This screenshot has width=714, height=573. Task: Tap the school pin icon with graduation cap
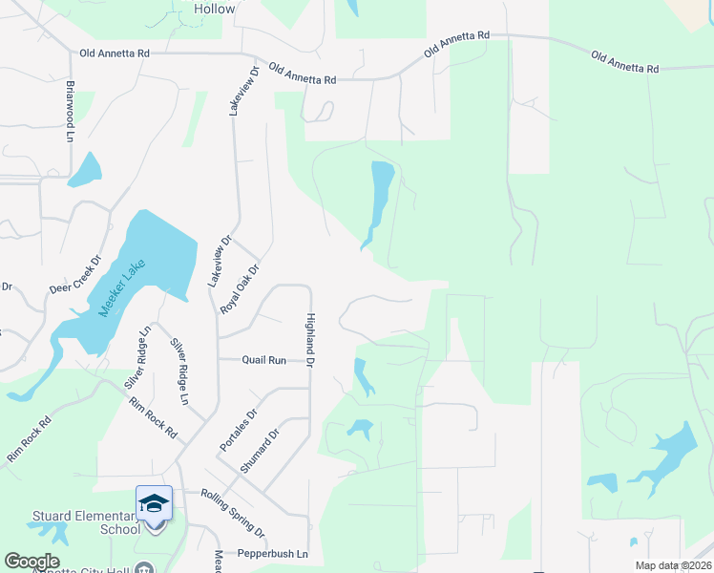pos(155,503)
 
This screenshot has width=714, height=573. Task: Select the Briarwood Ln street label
pos(70,117)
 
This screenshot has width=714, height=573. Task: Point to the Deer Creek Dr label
pos(75,274)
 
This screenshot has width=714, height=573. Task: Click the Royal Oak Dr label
pos(240,289)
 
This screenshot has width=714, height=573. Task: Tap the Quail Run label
pos(264,360)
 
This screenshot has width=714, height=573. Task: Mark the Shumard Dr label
pos(260,451)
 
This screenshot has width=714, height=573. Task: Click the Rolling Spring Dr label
pos(233,513)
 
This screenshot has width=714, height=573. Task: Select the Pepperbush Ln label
pos(276,554)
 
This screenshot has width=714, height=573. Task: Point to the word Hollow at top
pos(214,9)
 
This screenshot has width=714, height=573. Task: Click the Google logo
pos(31,562)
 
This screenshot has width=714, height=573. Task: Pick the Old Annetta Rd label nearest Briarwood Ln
pos(116,54)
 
